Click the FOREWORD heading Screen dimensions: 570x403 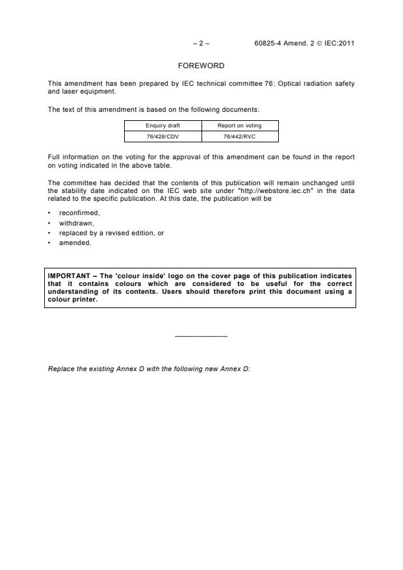[201, 66]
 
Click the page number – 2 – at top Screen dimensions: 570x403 [201, 44]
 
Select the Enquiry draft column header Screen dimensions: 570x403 [162, 125]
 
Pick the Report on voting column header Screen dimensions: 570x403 [240, 125]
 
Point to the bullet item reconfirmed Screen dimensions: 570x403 [75, 213]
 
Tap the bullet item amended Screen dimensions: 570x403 [73, 243]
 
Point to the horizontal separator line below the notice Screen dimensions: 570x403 [201, 336]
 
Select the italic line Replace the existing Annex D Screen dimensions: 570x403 [149, 369]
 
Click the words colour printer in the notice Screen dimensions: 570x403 [70, 300]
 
